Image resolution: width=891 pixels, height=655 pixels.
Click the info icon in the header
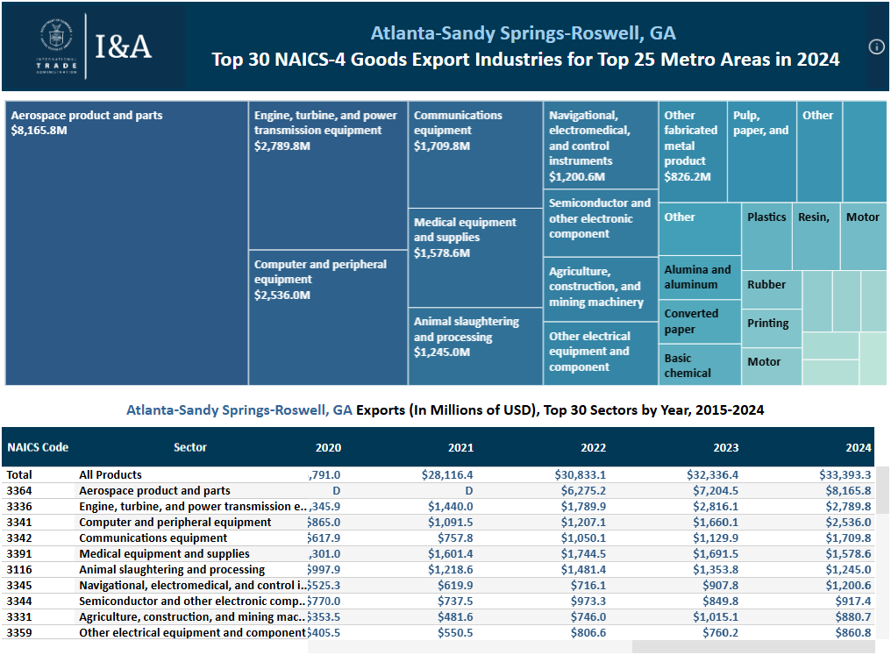pos(876,47)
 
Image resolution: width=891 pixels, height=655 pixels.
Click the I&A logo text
pos(123,47)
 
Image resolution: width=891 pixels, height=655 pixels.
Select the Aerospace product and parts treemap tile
pos(126,243)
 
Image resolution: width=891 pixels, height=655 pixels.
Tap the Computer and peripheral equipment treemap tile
pos(328,317)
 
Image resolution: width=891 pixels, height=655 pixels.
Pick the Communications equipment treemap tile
pos(474,154)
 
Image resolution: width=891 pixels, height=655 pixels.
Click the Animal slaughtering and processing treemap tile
pos(474,346)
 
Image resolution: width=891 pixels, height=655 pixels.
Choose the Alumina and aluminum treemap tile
pos(699,278)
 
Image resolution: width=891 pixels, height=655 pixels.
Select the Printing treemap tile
pos(771,324)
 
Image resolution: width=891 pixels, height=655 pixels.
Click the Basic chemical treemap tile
pos(699,365)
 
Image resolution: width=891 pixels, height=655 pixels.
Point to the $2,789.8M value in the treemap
pos(282,146)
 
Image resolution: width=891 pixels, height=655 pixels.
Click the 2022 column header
pos(593,447)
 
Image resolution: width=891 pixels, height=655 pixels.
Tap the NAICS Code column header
pos(38,447)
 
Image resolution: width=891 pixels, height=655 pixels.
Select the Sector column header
pos(190,447)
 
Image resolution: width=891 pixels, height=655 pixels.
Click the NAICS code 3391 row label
pos(19,554)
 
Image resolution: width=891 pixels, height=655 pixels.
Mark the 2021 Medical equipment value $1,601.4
pos(450,554)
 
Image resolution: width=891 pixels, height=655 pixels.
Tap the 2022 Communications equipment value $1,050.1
pos(583,538)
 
